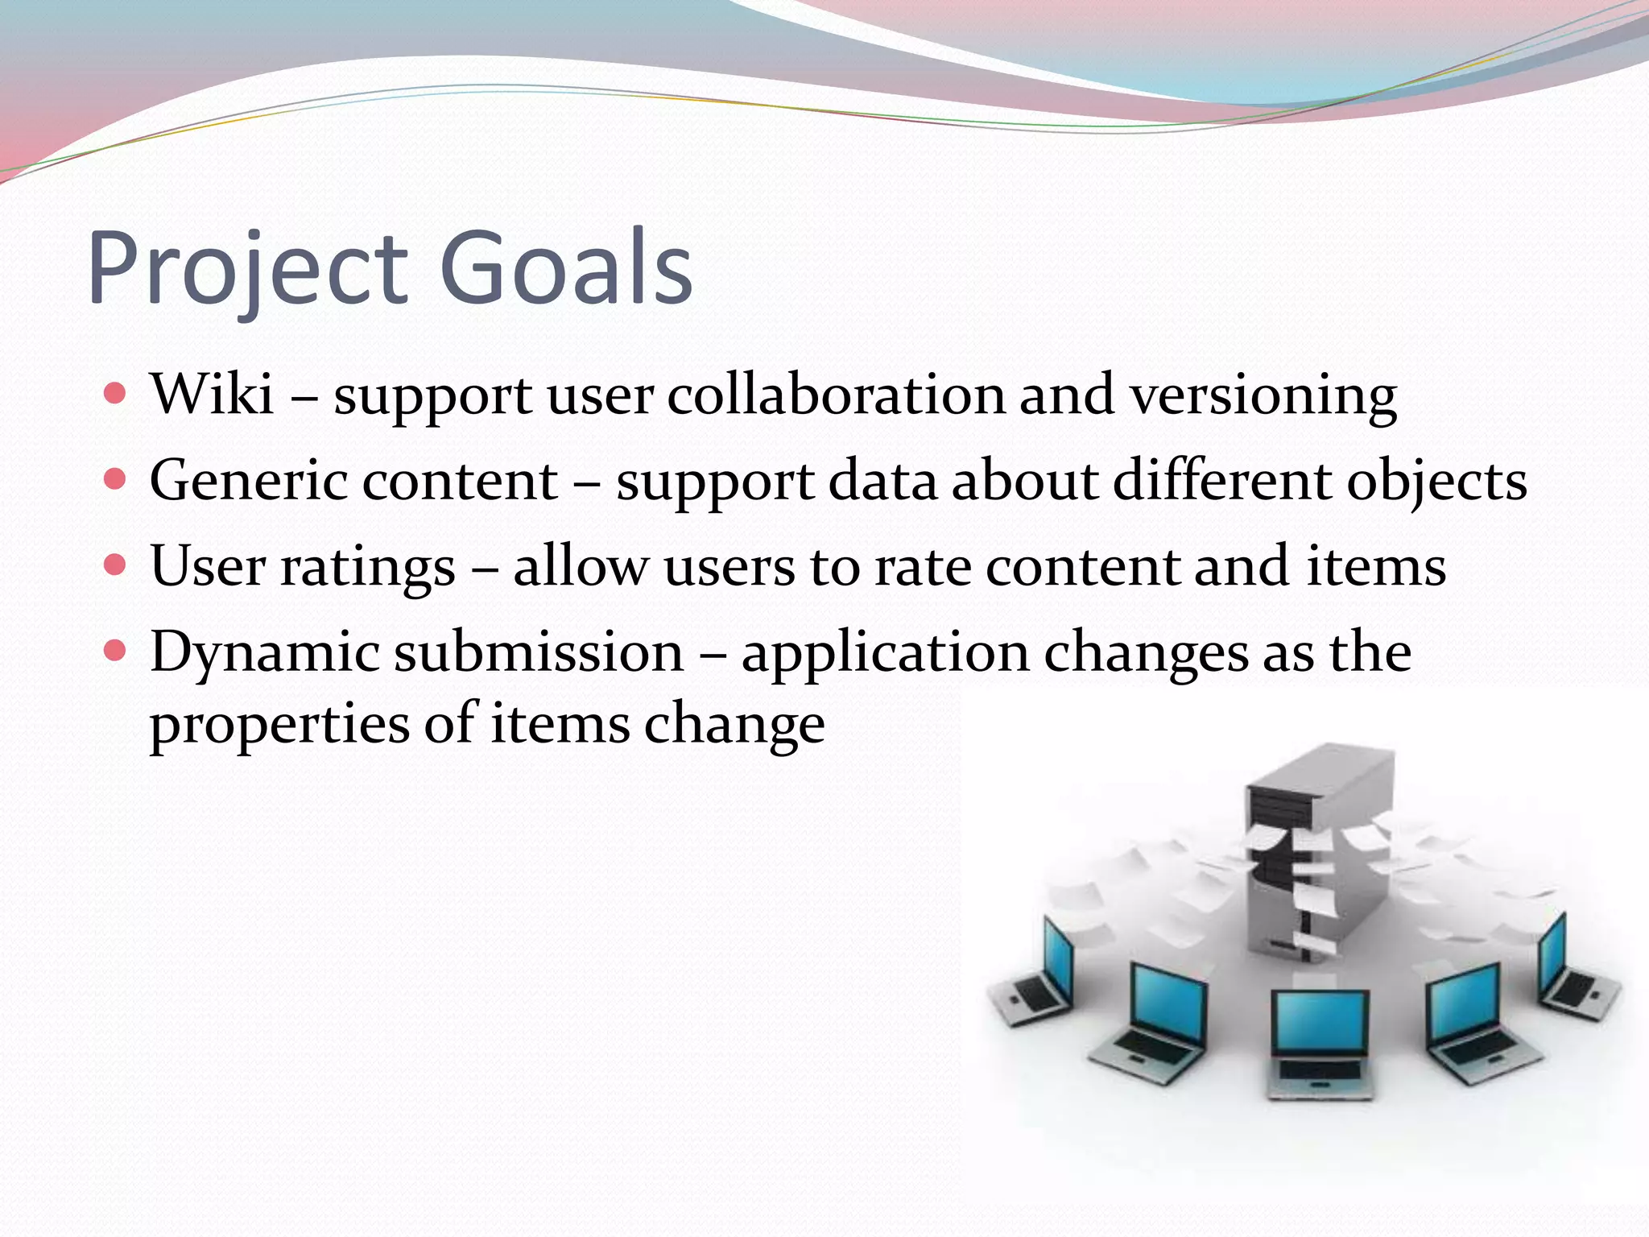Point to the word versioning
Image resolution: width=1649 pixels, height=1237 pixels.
pyautogui.click(x=1263, y=397)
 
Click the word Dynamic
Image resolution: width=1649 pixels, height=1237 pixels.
pyautogui.click(x=265, y=653)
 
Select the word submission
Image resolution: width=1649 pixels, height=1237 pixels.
pyautogui.click(x=539, y=652)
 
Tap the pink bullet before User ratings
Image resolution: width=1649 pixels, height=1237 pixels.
pyautogui.click(x=116, y=565)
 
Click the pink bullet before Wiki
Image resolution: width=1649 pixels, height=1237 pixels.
pyautogui.click(x=116, y=394)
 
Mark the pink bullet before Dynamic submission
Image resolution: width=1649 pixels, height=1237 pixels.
pyautogui.click(x=116, y=651)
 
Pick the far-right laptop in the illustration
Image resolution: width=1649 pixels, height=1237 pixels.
pyautogui.click(x=1570, y=970)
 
